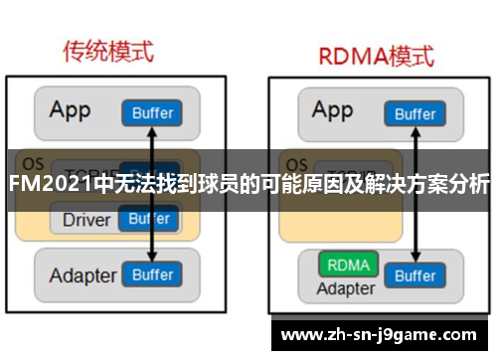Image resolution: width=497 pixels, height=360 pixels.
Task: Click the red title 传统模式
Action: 109,51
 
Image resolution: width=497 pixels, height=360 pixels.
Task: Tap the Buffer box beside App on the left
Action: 152,112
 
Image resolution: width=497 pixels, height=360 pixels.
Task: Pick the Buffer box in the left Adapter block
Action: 152,273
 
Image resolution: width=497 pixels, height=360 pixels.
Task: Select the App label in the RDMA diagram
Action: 332,109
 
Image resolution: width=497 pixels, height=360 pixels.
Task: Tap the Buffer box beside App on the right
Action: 414,112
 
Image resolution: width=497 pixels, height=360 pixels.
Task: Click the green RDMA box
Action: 346,266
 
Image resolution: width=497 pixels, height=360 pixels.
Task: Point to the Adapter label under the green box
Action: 345,289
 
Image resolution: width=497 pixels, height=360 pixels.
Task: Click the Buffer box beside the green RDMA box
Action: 414,276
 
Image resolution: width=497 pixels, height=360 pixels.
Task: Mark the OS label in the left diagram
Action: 33,162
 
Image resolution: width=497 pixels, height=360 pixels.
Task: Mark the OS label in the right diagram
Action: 295,162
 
